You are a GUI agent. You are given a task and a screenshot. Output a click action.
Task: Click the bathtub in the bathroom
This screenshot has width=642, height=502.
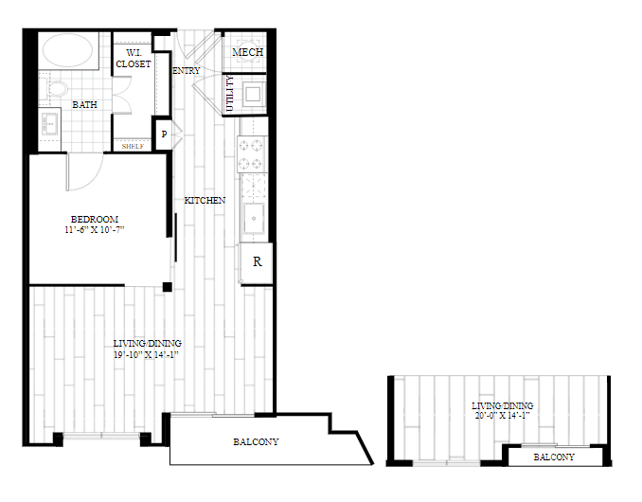[68, 50]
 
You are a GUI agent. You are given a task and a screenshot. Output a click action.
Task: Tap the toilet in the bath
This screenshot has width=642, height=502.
[55, 89]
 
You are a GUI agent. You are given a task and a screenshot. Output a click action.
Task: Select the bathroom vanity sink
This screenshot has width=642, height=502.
[50, 123]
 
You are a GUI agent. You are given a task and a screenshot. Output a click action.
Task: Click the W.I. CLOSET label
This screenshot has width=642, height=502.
[134, 58]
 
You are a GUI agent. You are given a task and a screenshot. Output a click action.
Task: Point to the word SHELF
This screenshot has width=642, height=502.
[133, 146]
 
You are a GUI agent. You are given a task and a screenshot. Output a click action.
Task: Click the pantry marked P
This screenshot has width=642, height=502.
[164, 134]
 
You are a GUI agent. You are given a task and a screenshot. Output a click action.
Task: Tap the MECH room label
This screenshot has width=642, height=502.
[248, 52]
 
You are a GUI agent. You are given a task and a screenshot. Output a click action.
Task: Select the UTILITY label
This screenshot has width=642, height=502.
[230, 94]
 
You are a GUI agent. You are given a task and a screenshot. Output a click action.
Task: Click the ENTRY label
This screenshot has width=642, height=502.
[187, 70]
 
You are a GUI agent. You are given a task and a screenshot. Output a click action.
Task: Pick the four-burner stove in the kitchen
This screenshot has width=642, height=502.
[251, 154]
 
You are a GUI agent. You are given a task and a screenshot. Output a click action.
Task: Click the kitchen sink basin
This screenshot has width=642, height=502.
[254, 218]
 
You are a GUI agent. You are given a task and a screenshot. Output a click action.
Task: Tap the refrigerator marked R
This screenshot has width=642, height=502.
[257, 262]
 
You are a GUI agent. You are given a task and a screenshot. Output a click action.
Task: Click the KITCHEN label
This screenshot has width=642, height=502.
[205, 200]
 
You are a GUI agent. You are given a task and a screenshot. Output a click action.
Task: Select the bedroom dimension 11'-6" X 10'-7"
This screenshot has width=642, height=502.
[94, 230]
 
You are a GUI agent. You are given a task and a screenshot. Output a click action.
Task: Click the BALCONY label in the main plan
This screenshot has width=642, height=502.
[256, 441]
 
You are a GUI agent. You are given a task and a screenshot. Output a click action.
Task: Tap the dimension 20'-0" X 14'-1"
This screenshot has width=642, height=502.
[503, 416]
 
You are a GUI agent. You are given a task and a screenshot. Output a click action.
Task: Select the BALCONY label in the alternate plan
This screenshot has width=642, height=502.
[554, 457]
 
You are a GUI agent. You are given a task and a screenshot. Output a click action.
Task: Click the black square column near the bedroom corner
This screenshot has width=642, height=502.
[167, 287]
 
